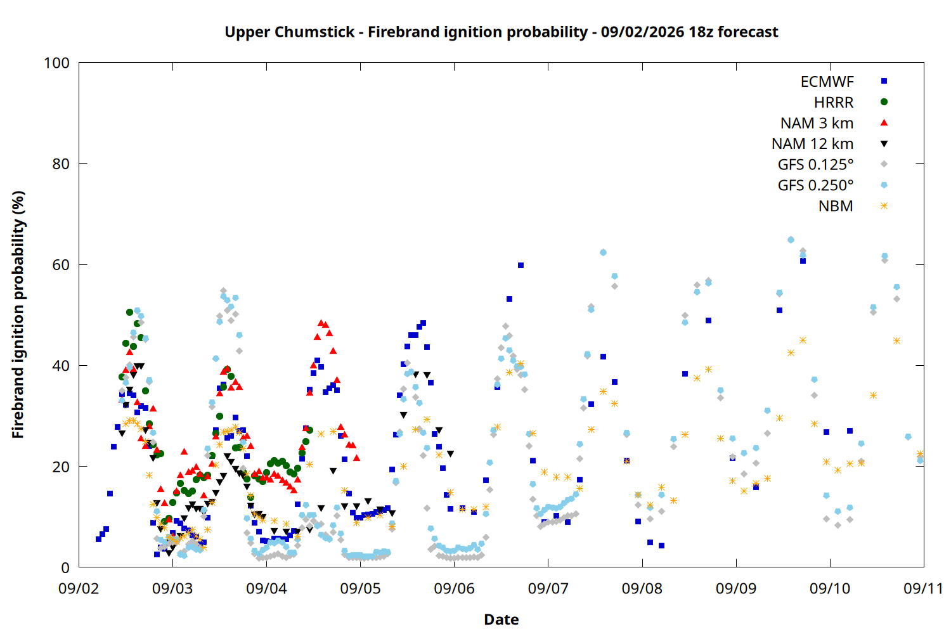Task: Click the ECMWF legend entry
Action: tap(827, 82)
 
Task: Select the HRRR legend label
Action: tap(834, 102)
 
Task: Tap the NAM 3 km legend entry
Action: tap(817, 123)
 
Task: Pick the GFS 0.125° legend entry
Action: tap(815, 164)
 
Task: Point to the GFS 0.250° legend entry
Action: tap(815, 185)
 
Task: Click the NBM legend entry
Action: tap(836, 206)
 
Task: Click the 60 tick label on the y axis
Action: tap(61, 264)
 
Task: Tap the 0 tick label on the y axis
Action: tap(65, 567)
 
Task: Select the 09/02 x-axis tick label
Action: tap(79, 588)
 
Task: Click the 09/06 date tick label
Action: tap(455, 588)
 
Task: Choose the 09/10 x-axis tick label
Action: tap(830, 588)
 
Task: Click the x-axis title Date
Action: tap(501, 619)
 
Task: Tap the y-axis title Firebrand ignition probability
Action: tap(18, 314)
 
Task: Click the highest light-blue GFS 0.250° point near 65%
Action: tap(791, 240)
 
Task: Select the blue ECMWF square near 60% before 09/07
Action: tap(521, 266)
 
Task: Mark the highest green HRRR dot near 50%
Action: tap(129, 312)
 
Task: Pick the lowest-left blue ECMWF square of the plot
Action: tap(98, 539)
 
